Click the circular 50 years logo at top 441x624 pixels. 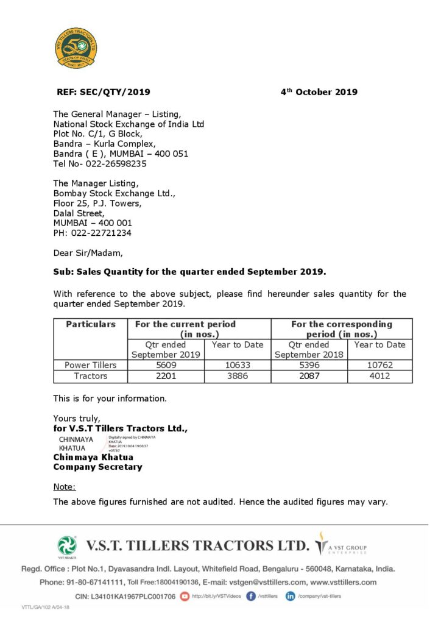click(76, 48)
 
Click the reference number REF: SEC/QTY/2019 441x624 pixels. click(104, 92)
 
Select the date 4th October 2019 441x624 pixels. click(319, 92)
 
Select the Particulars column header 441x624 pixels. click(90, 324)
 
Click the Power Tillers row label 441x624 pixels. click(90, 365)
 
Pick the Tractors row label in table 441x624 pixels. click(90, 376)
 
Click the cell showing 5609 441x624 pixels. click(161, 365)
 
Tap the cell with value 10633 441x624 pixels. click(237, 365)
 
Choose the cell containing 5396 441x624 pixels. click(309, 365)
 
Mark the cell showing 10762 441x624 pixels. click(379, 365)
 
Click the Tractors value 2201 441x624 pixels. click(161, 376)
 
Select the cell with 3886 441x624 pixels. click(237, 376)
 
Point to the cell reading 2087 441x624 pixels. click(309, 376)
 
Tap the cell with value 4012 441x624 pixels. click(379, 376)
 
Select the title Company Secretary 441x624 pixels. click(97, 467)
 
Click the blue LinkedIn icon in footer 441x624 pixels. click(291, 596)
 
